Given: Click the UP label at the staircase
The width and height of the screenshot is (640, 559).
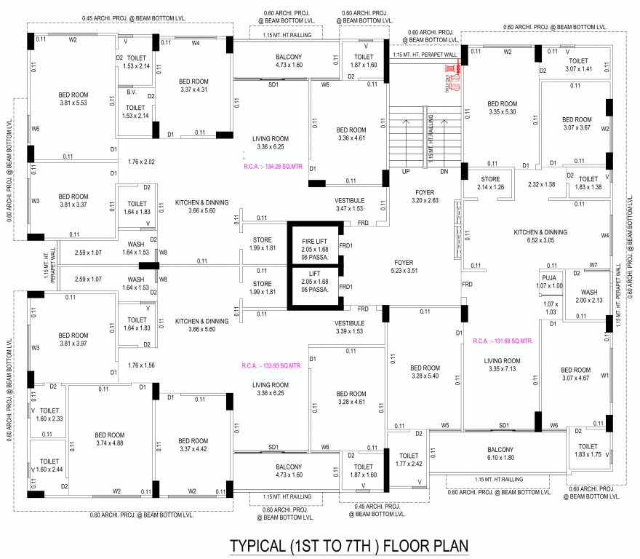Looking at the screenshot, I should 407,172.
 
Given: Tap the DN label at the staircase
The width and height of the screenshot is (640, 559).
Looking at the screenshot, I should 444,172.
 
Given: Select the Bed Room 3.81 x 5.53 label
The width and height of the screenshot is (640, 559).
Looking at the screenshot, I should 73,98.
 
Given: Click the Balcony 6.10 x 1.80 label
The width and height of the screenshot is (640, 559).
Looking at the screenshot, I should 501,453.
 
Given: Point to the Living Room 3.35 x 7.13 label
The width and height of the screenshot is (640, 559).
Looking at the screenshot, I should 503,365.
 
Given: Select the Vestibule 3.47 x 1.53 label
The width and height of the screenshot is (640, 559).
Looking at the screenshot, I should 349,204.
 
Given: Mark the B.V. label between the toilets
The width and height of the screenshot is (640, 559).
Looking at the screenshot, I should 132,92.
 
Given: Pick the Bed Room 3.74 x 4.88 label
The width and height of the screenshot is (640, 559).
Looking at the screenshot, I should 110,439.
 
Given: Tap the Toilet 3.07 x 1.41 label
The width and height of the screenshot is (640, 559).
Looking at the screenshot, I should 578,65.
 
